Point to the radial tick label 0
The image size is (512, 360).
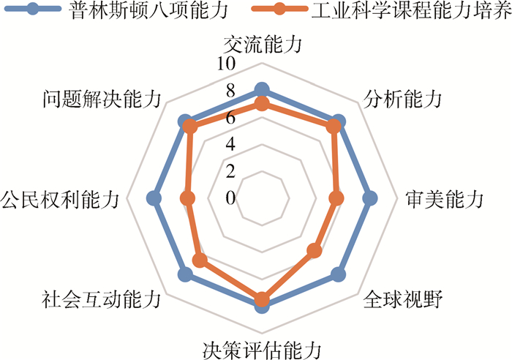click(231, 198)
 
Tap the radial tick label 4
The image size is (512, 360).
click(231, 145)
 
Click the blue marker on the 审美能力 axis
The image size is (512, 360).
click(369, 198)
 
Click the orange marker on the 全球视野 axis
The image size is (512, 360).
click(315, 251)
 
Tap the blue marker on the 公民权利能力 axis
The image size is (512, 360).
click(154, 198)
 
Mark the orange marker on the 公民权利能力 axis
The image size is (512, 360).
click(188, 198)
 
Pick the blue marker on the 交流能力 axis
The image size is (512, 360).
click(262, 91)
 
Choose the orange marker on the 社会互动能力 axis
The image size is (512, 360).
click(200, 260)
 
